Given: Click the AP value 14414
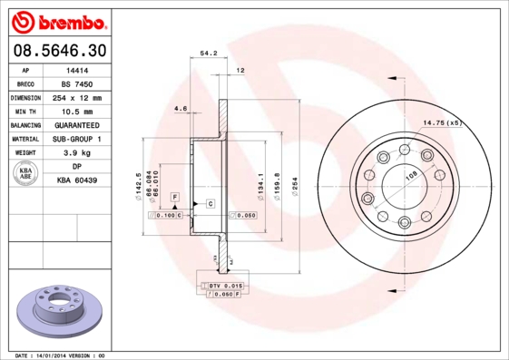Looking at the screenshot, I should [x=77, y=69].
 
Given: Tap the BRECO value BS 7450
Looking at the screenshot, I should [x=77, y=83].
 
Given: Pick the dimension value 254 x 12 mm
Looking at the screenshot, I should [x=77, y=97].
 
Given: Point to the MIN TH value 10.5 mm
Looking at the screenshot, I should [x=77, y=111].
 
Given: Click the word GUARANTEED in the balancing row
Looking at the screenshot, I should [x=77, y=125].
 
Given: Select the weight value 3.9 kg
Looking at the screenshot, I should [x=77, y=153].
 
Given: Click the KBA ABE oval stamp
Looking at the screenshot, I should [x=26, y=174].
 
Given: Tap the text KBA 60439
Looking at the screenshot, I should [x=77, y=181].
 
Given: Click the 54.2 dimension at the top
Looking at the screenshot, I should [x=208, y=55].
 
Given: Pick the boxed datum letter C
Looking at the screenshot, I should [x=210, y=203].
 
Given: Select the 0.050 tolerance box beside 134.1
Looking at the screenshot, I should [x=244, y=216].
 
